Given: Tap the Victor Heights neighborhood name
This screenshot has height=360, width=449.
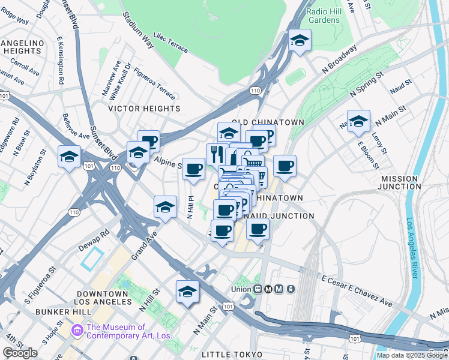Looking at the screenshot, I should [x=144, y=109].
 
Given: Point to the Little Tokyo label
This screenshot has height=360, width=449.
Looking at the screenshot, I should [x=229, y=355].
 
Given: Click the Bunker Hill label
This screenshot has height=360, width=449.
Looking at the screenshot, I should [x=62, y=312].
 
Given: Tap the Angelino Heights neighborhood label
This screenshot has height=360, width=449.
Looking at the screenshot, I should [x=23, y=47].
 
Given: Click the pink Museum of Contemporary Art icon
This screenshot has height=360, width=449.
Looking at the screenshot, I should [x=76, y=330].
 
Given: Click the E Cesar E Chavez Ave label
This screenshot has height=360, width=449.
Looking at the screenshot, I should [x=357, y=292].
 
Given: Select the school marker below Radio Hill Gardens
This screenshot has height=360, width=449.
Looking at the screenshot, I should [x=298, y=41].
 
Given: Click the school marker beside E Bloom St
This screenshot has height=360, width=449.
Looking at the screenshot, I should [x=358, y=122].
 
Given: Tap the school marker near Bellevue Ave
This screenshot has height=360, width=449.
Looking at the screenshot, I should [x=69, y=157].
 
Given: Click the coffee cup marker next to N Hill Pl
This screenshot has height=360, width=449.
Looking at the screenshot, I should [x=193, y=169].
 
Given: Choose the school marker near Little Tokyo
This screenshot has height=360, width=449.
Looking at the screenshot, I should [x=187, y=292].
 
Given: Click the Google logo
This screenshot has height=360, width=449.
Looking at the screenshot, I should [x=20, y=353].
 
